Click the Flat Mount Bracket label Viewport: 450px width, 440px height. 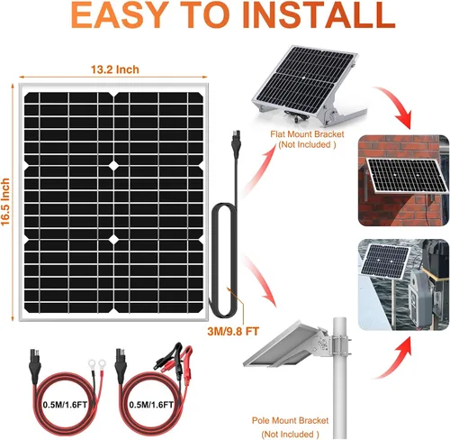pyautogui.click(x=308, y=133)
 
